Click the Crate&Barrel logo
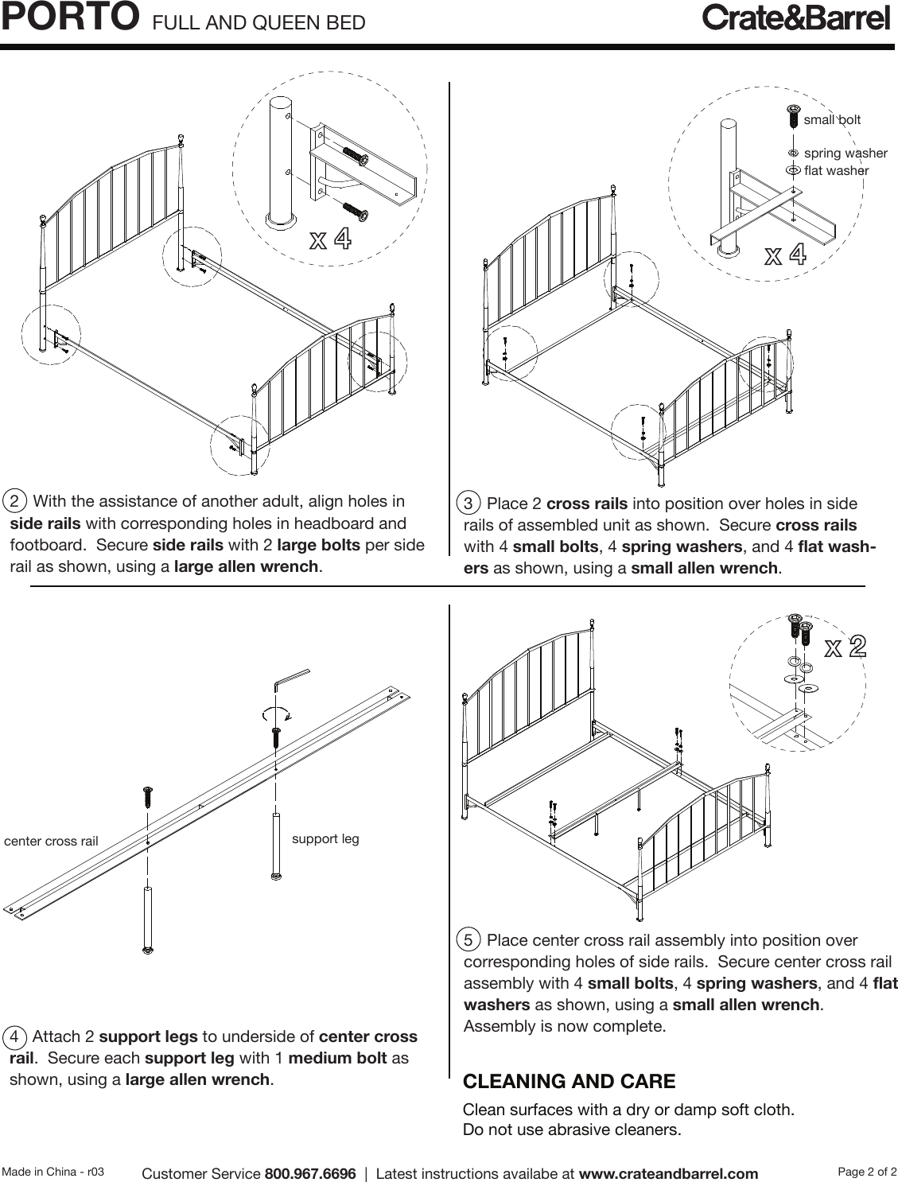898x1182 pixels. coord(795,18)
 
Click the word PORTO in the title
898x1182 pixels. coord(65,17)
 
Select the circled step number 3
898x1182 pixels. coord(469,504)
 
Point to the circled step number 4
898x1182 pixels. coord(15,1037)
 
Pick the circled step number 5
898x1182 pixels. coord(469,941)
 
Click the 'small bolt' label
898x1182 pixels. coord(832,120)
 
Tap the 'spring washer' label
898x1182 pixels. coord(846,153)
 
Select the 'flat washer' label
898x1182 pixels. coord(836,170)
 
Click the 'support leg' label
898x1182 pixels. coord(325,838)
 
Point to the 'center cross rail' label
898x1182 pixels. coord(52,841)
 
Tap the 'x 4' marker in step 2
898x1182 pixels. coord(330,239)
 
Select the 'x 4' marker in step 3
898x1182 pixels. coord(785,255)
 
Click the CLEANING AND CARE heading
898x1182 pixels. coord(569,1082)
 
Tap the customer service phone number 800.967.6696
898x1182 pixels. coord(310,1174)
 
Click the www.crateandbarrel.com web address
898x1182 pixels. coord(668,1174)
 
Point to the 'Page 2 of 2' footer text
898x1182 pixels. coord(868,1171)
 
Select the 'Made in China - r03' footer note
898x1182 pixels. coord(53,1172)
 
